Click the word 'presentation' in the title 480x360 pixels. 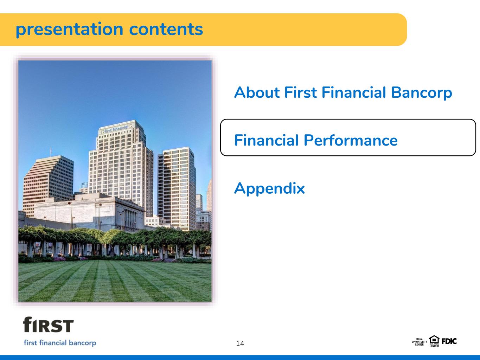coord(70,30)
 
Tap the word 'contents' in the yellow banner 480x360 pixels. coord(166,29)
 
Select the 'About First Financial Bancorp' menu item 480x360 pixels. coord(343,93)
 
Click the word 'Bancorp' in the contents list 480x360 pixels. coord(421,93)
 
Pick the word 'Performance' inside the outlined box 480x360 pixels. coord(351,140)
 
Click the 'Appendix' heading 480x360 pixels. coord(269,189)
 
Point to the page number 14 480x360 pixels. coord(240,343)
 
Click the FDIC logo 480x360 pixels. coord(449,341)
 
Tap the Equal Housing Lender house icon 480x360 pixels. coord(434,341)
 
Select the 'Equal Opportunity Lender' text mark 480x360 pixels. coord(419,342)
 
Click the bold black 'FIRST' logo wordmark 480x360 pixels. coord(48,324)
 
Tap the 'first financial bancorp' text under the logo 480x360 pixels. coord(60,343)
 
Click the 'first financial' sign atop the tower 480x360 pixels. coord(116,129)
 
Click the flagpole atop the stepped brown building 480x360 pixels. coord(51,151)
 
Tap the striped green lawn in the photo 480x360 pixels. coord(115,282)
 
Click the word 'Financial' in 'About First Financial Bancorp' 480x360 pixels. coord(354,92)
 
